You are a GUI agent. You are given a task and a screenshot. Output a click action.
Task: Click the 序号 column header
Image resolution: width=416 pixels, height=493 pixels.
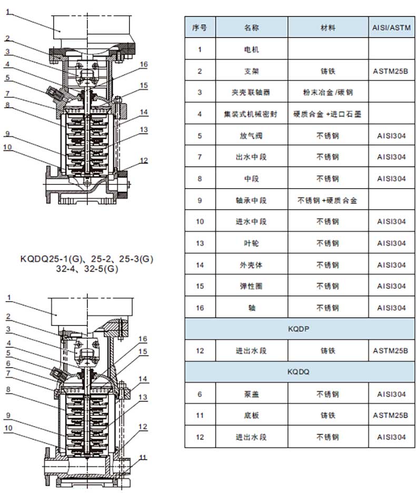(x=200, y=27)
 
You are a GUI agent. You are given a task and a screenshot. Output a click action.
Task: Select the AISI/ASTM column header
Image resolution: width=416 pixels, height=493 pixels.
(x=391, y=27)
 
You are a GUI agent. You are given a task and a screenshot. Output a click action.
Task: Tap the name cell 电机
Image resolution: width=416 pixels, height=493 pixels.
(x=252, y=50)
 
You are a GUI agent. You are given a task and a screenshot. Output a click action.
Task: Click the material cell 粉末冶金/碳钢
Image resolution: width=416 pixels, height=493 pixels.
(x=328, y=92)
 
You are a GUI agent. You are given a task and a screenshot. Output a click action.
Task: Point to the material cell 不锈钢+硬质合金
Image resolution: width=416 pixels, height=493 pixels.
(x=328, y=200)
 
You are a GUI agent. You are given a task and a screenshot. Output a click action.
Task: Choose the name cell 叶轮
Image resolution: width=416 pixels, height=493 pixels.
(x=252, y=243)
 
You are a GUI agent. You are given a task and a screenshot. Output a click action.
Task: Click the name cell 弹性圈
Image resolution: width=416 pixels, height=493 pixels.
(x=251, y=286)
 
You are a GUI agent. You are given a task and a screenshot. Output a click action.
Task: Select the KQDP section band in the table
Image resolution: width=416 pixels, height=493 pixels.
(x=300, y=329)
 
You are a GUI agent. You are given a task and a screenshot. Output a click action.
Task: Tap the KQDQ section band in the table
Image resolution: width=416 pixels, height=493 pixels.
(x=300, y=372)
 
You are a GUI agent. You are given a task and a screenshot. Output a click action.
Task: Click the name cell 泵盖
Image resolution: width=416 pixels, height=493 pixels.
(x=252, y=394)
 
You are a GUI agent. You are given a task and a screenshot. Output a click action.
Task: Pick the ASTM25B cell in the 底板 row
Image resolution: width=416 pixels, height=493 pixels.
(x=391, y=415)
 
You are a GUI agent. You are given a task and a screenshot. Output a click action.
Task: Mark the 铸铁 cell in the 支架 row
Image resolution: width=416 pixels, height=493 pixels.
(x=328, y=71)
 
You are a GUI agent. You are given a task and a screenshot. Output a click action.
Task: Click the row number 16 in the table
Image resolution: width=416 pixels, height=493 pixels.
(x=200, y=308)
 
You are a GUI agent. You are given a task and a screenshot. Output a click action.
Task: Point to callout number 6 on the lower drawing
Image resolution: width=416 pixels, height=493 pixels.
(x=8, y=363)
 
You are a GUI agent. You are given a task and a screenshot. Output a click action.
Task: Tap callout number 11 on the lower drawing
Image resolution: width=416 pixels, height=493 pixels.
(x=143, y=458)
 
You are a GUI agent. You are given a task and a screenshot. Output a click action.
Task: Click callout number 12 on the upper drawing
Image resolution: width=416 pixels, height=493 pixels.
(x=143, y=160)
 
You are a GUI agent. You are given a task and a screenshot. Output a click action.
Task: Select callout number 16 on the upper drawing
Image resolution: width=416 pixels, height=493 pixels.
(x=143, y=64)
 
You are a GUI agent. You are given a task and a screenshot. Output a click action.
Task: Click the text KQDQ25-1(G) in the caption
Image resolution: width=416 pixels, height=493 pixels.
(x=51, y=259)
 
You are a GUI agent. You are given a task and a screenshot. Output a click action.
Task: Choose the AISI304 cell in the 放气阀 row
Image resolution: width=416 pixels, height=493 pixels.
(x=391, y=136)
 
